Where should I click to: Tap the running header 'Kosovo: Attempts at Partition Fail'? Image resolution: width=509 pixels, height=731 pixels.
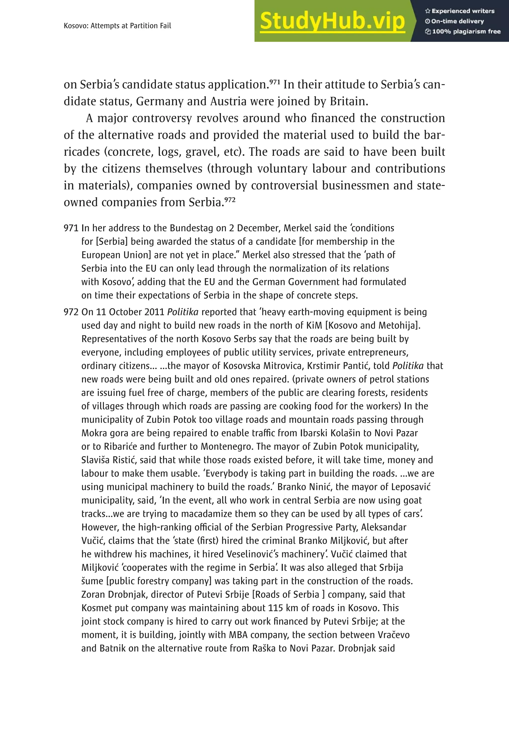click(117, 26)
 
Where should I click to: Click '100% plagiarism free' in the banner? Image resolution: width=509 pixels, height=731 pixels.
click(463, 32)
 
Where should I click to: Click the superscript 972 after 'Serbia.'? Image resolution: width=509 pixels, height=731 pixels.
click(230, 199)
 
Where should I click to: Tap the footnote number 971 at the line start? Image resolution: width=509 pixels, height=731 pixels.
click(71, 228)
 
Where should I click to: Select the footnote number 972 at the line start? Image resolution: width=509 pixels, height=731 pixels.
click(71, 312)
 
